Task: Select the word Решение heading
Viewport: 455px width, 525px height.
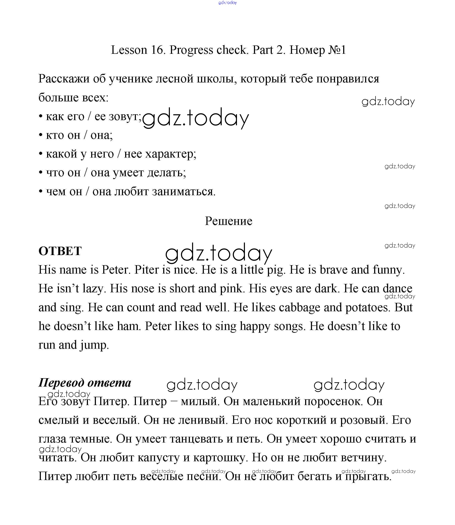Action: (x=229, y=221)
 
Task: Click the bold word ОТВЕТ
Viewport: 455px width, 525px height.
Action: (x=60, y=251)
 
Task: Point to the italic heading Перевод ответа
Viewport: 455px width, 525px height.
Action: (x=85, y=383)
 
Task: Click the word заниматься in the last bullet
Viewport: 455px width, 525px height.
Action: (x=184, y=192)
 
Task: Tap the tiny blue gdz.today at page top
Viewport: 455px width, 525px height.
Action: (x=227, y=3)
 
